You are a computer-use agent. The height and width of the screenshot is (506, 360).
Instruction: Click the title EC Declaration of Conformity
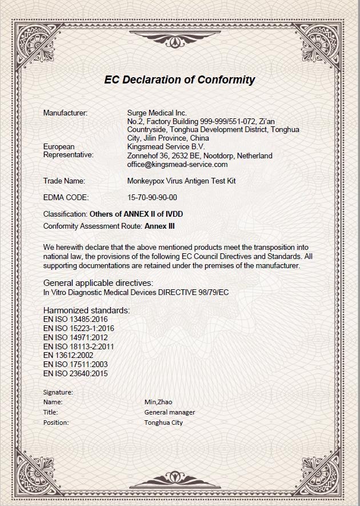click(x=179, y=79)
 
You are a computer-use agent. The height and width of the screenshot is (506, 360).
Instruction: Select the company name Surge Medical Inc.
click(x=157, y=113)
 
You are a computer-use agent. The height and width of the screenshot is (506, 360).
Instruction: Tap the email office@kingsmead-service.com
click(x=178, y=164)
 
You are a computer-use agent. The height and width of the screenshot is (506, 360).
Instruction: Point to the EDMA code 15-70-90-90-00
click(x=152, y=197)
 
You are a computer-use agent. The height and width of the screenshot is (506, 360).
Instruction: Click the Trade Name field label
click(x=64, y=181)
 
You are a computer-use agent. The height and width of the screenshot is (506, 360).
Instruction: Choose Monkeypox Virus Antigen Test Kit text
click(x=181, y=181)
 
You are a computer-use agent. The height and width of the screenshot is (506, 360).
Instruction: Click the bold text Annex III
click(x=159, y=226)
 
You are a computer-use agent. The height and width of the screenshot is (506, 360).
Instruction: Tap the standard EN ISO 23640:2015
click(x=75, y=373)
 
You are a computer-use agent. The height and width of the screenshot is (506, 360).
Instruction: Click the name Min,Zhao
click(x=159, y=402)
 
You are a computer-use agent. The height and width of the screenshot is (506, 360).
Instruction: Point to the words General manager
click(x=170, y=412)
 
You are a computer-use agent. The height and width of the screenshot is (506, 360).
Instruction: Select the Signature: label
click(x=58, y=392)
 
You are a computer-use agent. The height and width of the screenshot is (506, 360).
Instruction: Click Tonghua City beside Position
click(x=163, y=423)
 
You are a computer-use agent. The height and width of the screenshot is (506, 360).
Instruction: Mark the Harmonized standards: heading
click(x=86, y=310)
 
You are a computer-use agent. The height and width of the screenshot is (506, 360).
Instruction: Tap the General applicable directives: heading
click(x=98, y=283)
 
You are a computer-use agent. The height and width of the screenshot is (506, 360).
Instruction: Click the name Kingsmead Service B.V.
click(x=166, y=146)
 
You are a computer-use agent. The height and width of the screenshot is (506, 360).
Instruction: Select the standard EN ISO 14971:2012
click(x=75, y=337)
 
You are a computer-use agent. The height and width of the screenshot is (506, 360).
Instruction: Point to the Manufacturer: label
click(x=65, y=113)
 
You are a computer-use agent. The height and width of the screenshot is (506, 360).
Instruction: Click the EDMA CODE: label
click(x=66, y=197)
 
